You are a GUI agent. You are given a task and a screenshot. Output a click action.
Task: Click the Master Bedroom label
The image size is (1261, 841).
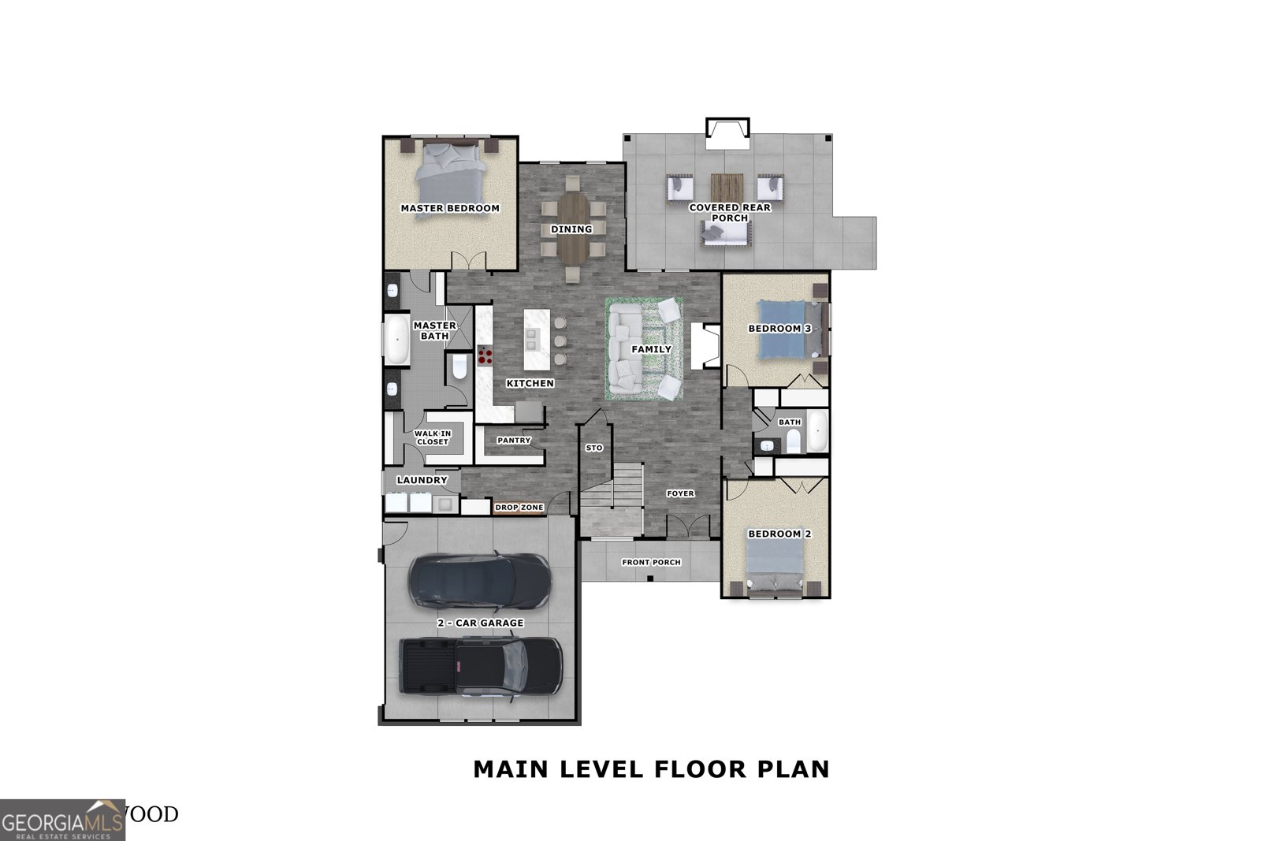450,208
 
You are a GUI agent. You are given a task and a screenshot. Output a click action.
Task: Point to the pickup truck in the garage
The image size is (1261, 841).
480,667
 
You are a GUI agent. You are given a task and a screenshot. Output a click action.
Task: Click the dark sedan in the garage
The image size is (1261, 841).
480,582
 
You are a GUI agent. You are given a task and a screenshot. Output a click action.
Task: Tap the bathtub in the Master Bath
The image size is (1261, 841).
396,340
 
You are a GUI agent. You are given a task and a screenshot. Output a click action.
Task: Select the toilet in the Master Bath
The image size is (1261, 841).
459,367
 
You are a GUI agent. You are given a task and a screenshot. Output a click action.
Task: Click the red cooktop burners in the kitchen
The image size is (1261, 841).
485,356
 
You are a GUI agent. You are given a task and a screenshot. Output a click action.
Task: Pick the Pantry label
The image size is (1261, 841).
514,441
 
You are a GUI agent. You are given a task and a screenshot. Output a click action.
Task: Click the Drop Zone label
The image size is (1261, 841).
519,508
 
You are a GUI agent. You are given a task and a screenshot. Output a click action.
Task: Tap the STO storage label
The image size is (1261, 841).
594,448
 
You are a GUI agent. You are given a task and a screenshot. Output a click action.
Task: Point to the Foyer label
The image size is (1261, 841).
680,493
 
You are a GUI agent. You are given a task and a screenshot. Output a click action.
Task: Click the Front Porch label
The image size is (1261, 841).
651,562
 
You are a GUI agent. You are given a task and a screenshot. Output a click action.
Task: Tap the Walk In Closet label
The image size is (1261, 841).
433,437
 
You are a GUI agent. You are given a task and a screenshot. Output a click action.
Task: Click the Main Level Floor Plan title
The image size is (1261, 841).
651,768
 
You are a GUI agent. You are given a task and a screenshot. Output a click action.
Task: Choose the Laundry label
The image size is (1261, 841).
422,480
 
